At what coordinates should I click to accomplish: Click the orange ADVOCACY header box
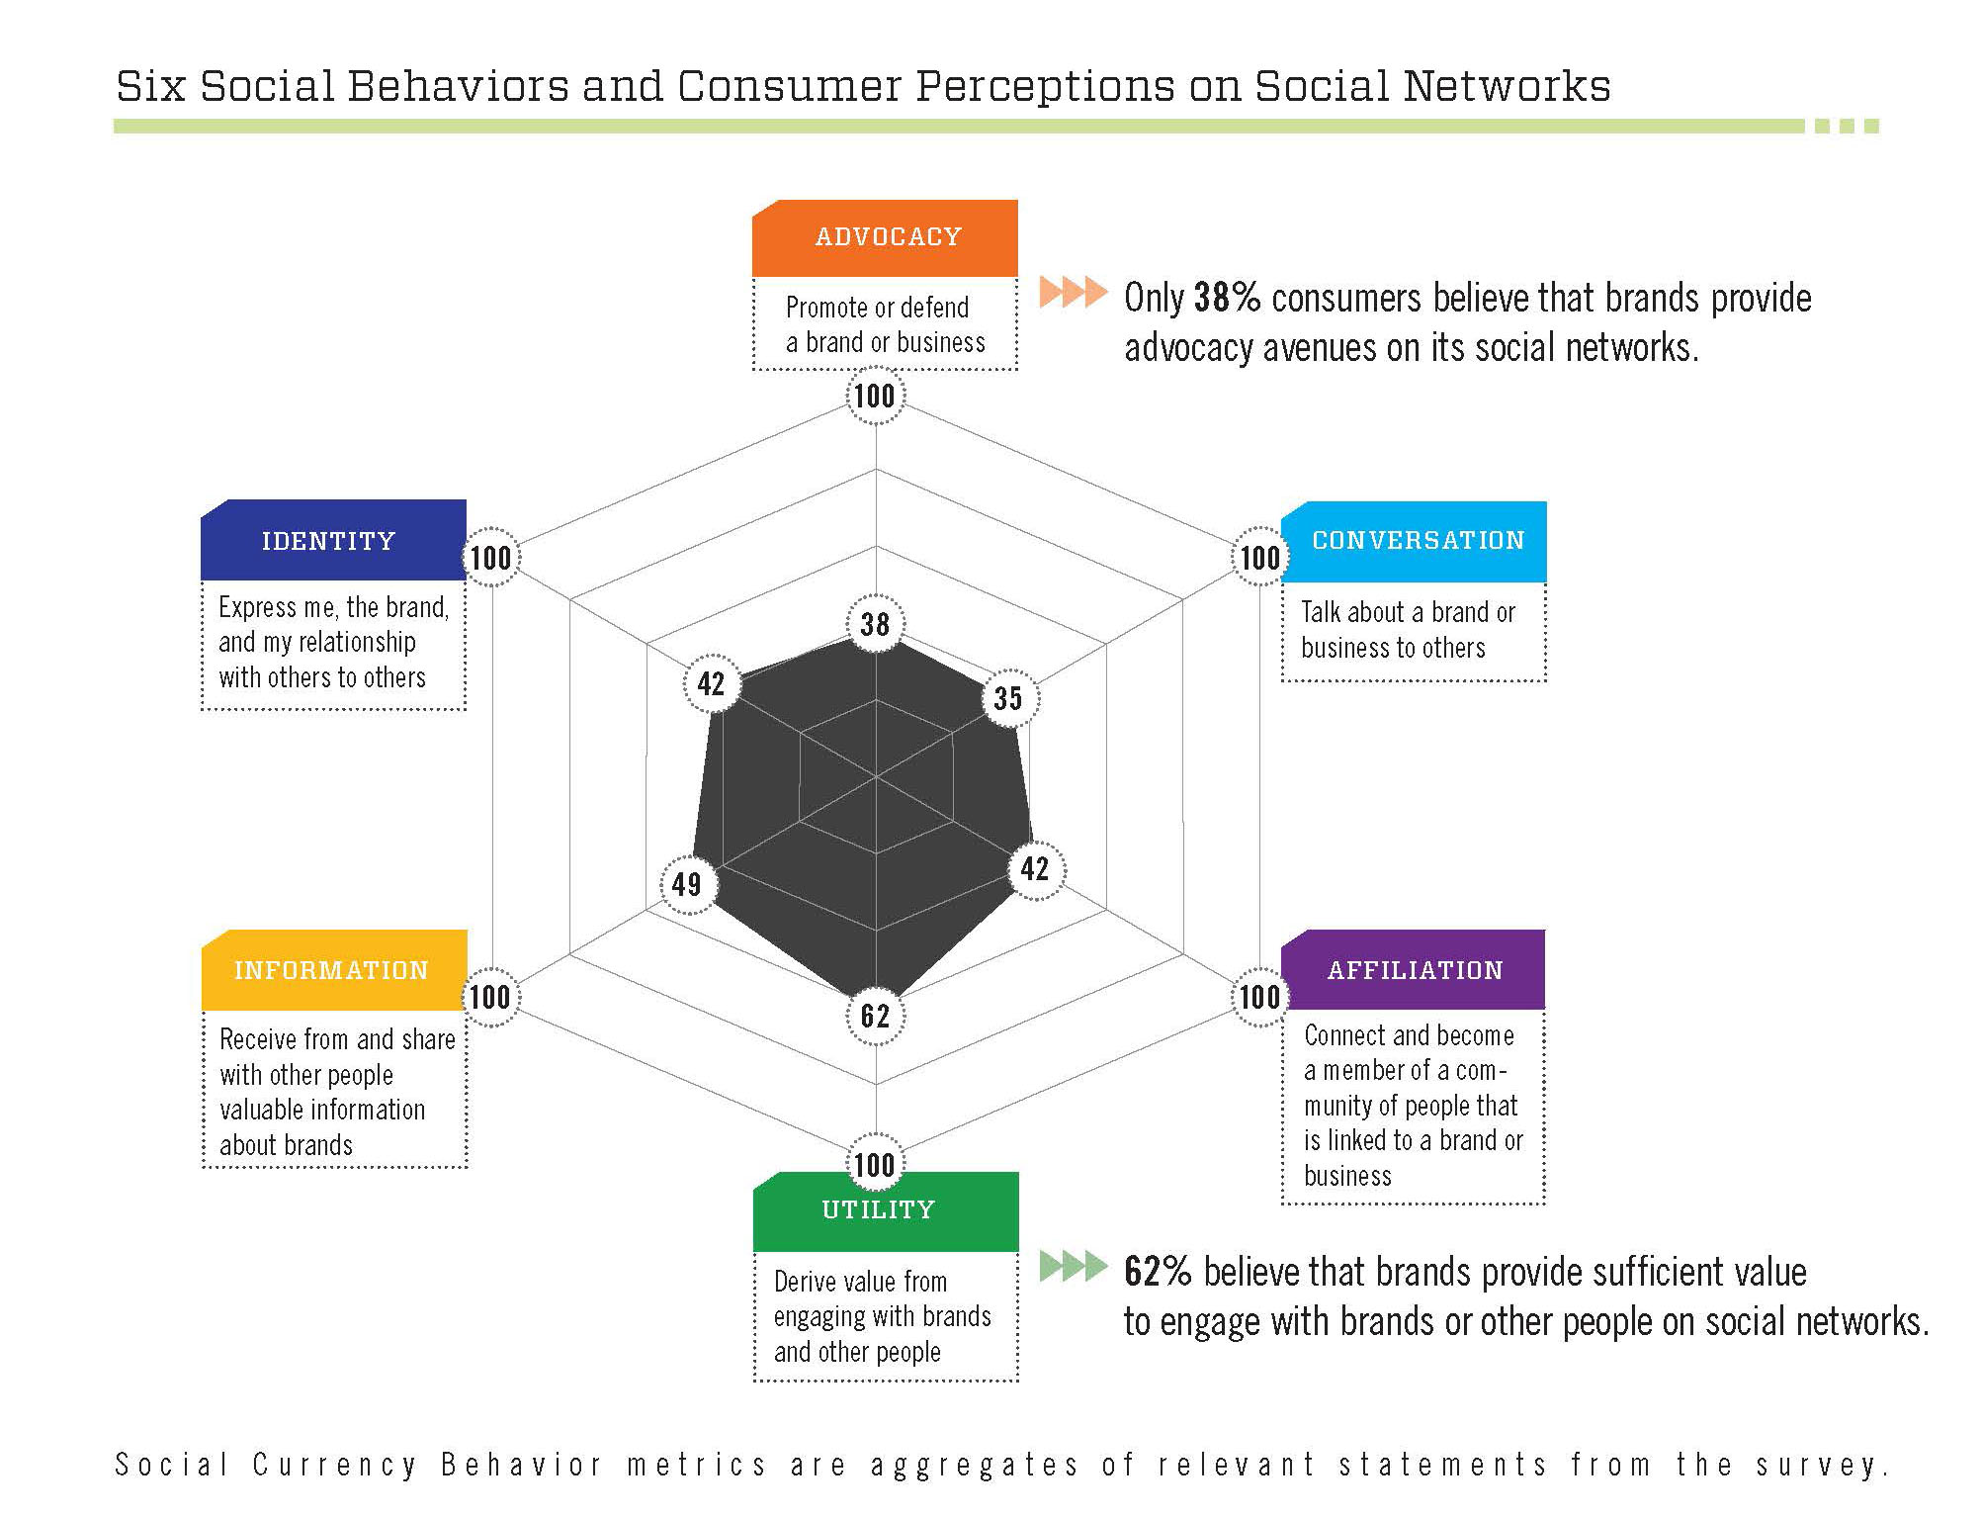[x=885, y=238]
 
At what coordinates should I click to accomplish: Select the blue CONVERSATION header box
[x=1414, y=542]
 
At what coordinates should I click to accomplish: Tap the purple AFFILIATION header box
[x=1414, y=970]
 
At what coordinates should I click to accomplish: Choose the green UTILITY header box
[x=886, y=1211]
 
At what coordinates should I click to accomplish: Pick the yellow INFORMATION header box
[x=334, y=970]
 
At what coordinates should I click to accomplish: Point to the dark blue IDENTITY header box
[x=333, y=540]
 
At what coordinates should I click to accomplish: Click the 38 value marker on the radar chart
[x=875, y=624]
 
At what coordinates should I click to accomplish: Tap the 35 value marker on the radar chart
[x=1008, y=698]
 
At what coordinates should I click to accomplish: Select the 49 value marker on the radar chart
[x=687, y=884]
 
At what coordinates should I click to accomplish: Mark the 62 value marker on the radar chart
[x=875, y=1016]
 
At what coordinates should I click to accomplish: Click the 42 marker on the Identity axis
[x=712, y=683]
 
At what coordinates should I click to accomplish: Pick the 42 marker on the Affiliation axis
[x=1035, y=869]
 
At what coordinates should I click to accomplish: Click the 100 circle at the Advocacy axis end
[x=875, y=397]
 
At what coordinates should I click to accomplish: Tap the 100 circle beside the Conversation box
[x=1259, y=558]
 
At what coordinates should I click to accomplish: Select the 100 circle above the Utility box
[x=875, y=1163]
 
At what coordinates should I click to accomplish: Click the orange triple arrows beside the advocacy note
[x=1074, y=293]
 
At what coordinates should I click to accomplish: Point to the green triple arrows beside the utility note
[x=1074, y=1266]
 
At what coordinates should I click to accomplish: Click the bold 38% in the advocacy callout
[x=1227, y=298]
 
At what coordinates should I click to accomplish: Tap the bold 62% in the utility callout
[x=1158, y=1272]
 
